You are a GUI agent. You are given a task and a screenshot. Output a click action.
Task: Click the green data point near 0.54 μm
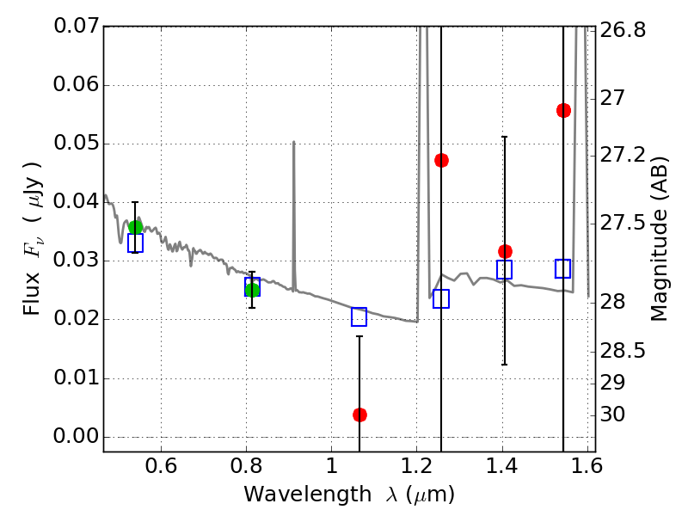click(135, 227)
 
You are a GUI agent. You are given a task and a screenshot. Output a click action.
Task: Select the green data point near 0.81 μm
click(252, 290)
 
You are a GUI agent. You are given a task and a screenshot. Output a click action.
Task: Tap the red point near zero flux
click(359, 415)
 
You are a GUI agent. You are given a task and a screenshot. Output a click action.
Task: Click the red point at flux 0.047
click(441, 160)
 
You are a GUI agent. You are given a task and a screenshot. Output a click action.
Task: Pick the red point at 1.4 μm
click(505, 251)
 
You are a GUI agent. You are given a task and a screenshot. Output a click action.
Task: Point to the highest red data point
click(563, 110)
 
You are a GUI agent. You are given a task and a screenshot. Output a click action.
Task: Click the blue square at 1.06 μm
click(359, 317)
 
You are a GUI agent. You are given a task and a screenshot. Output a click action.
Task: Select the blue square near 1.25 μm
click(441, 299)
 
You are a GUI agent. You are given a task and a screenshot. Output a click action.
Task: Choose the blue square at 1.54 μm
click(563, 268)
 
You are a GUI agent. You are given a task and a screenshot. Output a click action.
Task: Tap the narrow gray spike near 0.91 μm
click(293, 172)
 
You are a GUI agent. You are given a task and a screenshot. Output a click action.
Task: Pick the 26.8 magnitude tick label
click(623, 30)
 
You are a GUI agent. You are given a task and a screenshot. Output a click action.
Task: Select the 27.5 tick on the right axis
click(623, 224)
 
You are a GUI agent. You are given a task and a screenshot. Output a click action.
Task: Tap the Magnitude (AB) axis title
click(660, 238)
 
